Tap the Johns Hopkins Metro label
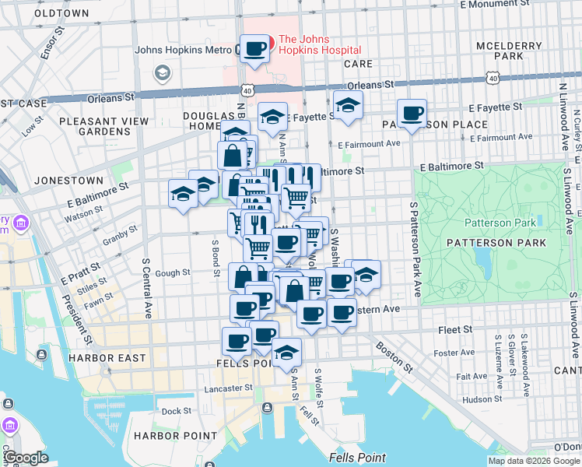pos(184,50)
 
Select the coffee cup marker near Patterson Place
pos(412,114)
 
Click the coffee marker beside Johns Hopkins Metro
pos(254,50)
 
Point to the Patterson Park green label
pos(500,223)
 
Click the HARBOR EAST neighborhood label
pos(107,358)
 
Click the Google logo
pos(26,458)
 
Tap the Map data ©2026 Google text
pos(534,461)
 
